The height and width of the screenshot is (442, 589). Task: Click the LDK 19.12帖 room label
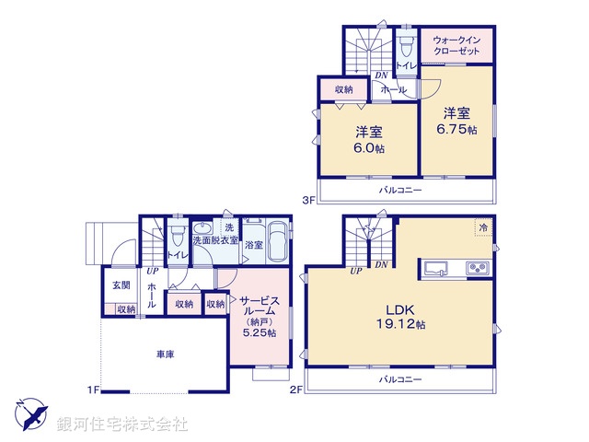coord(401,317)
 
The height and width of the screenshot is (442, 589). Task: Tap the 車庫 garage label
coord(166,354)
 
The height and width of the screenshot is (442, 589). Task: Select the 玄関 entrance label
coord(121,285)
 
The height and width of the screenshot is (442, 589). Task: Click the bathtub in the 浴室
coord(277,241)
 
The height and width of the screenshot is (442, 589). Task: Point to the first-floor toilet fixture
coord(178,234)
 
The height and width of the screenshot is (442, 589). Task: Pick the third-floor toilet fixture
coord(405,45)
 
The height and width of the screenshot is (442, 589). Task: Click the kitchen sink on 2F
coord(435,269)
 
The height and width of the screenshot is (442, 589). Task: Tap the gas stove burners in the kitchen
coord(478,268)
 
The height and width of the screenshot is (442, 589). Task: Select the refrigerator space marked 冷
coord(483,227)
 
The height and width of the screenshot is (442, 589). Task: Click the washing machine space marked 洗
coord(229,227)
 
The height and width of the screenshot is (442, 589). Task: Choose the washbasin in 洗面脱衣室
coord(202,228)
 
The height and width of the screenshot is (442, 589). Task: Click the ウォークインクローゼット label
coord(456,45)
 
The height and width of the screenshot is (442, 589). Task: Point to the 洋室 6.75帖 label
coord(456,121)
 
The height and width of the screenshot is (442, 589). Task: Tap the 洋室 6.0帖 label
coord(369,140)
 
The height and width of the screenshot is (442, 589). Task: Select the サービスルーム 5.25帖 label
coord(260,317)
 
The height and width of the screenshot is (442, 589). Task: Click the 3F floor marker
coord(309,201)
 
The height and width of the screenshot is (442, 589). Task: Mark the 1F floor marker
coord(94,390)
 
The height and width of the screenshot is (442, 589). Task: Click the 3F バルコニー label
coord(400,190)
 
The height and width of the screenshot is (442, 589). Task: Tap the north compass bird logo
coord(31,413)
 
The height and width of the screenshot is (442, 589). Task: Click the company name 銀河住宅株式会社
coord(122,424)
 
